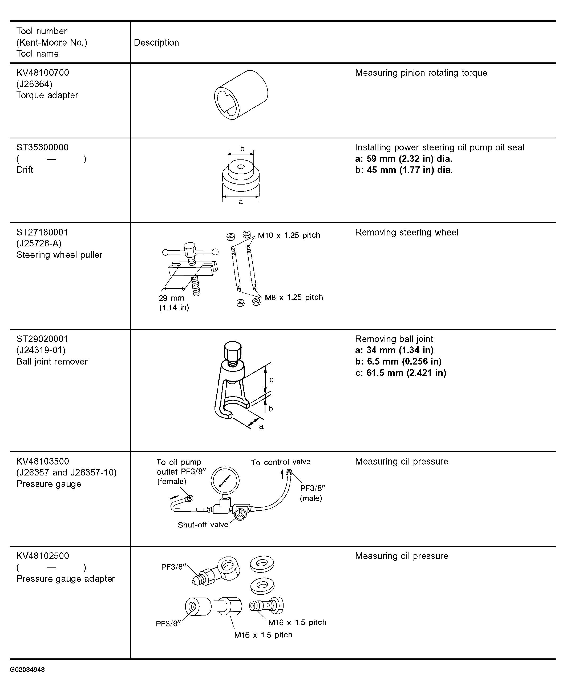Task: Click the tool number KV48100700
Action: [43, 73]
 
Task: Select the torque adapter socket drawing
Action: [241, 95]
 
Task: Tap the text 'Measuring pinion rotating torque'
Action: [421, 73]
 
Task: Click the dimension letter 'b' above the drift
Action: [242, 149]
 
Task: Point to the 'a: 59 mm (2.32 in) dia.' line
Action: [404, 159]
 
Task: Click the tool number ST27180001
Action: [42, 232]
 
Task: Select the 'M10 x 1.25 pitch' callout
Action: [289, 235]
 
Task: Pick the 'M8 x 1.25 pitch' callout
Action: [294, 297]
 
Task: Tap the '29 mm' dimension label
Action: [172, 298]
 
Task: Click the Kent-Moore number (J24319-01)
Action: [41, 350]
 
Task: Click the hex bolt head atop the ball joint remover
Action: [233, 350]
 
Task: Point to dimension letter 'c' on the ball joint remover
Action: [271, 380]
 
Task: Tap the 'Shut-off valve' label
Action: [203, 525]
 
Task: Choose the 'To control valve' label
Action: [281, 462]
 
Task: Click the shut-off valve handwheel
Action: [241, 514]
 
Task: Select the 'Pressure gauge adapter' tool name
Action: [66, 578]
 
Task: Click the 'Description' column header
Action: [156, 42]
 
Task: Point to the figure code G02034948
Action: [27, 670]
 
